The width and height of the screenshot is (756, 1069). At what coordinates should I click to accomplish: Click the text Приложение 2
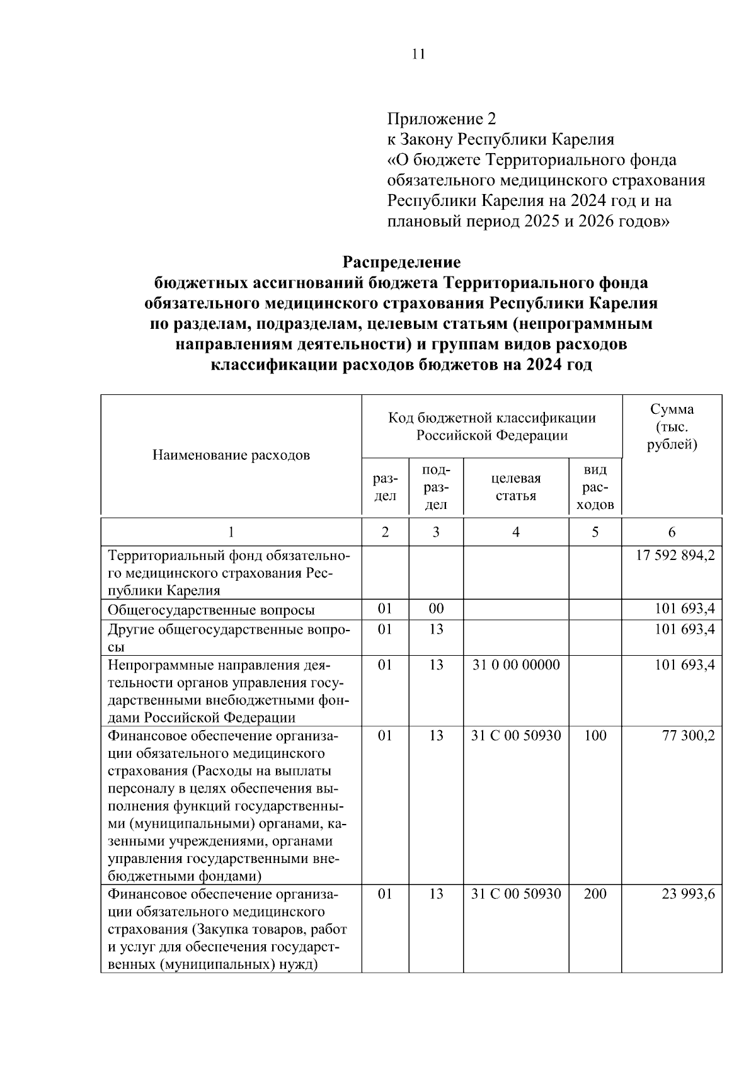click(x=442, y=118)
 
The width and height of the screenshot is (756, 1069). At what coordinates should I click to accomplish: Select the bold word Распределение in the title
click(x=401, y=261)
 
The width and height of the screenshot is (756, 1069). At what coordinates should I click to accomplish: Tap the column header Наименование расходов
click(x=231, y=455)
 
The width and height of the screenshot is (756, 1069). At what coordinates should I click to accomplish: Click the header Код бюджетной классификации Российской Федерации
click(x=491, y=426)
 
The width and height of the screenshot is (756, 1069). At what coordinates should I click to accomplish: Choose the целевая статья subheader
click(x=516, y=487)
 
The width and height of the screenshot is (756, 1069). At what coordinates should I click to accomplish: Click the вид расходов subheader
click(x=595, y=487)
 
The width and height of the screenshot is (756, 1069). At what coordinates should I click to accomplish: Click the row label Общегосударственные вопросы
click(x=212, y=610)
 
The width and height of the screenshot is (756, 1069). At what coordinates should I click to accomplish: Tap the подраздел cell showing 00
click(x=436, y=609)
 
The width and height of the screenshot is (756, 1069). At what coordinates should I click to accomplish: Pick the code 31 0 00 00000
click(x=516, y=665)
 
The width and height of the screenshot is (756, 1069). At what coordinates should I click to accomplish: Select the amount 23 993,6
click(x=688, y=894)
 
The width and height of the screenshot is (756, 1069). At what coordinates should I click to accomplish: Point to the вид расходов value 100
click(x=595, y=736)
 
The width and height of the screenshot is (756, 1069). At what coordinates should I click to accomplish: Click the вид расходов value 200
click(x=595, y=894)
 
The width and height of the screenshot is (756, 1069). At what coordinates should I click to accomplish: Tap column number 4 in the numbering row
click(x=516, y=532)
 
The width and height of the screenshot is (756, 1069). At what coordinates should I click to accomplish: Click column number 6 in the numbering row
click(x=672, y=532)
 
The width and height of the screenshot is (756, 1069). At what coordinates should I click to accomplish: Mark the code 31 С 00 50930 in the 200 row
click(x=516, y=894)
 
